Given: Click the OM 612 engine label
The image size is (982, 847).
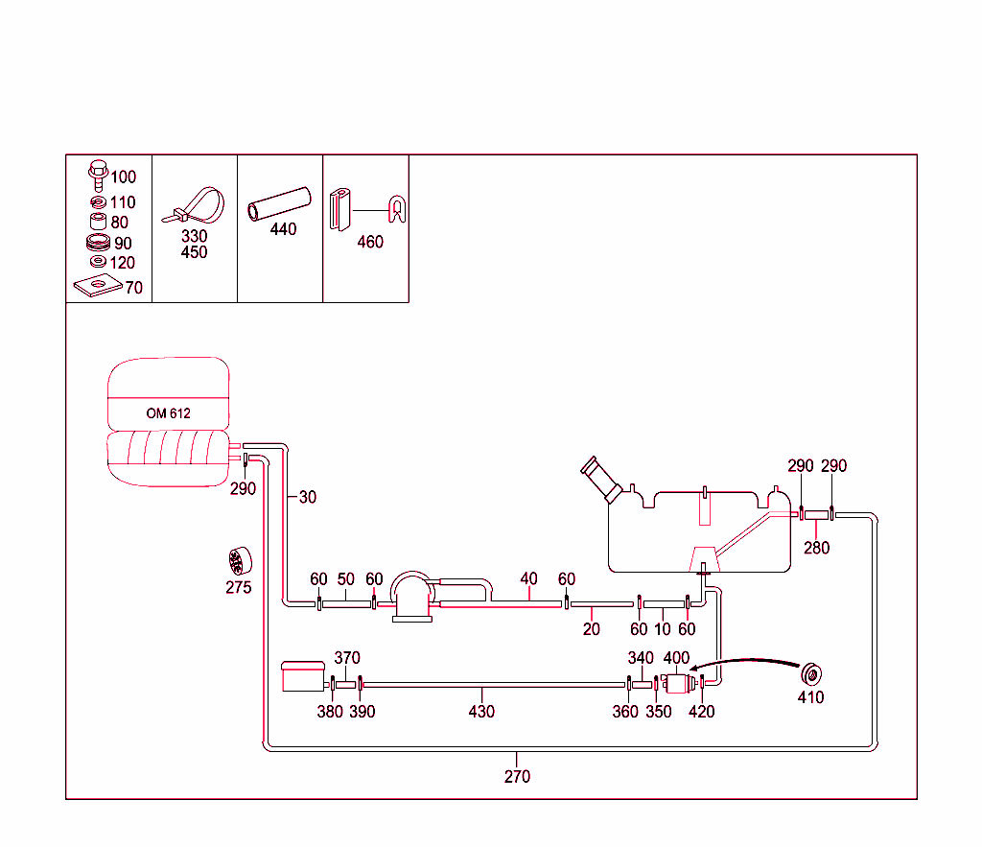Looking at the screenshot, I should (169, 413).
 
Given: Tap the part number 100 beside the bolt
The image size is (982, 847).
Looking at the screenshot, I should (124, 177).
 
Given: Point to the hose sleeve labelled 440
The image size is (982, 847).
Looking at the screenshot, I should (280, 202).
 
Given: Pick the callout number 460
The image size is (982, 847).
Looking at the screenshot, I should (370, 243).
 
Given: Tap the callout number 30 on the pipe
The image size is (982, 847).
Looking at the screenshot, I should (307, 497).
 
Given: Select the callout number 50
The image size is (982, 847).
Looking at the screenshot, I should (345, 579).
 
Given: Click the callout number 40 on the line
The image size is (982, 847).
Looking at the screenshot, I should (528, 579).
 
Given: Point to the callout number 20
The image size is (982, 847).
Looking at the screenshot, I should (591, 629).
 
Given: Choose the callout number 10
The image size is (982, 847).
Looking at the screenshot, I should (663, 629).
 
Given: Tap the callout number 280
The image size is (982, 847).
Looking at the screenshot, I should (817, 548).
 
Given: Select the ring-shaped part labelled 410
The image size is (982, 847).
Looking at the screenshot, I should (812, 673).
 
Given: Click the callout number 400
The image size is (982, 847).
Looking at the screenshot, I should (677, 658).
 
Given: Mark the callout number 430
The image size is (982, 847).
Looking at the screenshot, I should (481, 712).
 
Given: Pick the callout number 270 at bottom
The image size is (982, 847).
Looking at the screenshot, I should (517, 777).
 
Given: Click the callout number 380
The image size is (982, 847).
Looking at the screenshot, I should (330, 712).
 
